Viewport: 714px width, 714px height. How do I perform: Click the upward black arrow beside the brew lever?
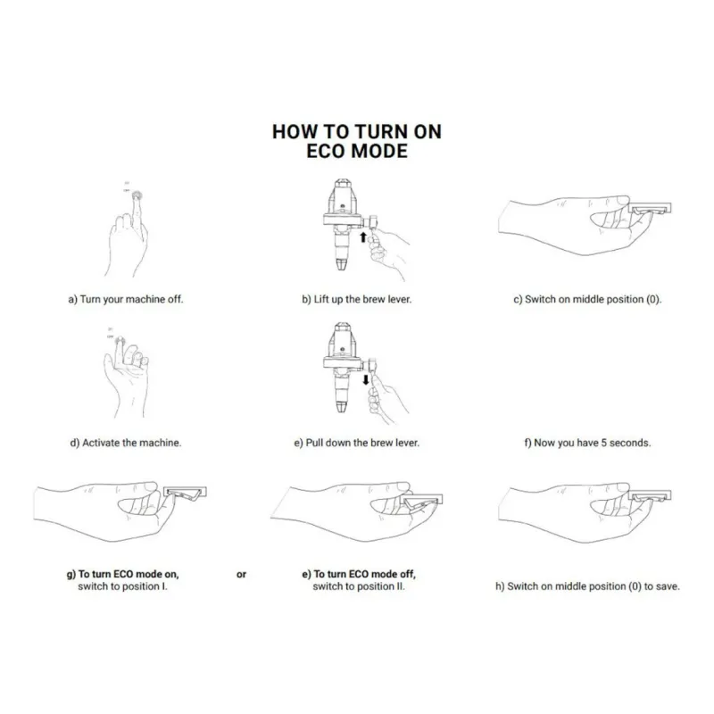click(x=363, y=237)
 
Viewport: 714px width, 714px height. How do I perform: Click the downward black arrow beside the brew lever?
click(x=366, y=380)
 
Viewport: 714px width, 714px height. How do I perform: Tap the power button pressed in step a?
click(x=137, y=195)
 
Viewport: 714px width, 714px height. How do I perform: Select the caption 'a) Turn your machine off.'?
click(x=126, y=299)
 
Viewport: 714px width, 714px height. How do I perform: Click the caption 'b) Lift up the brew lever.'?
click(x=356, y=299)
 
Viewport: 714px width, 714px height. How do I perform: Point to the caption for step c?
click(x=587, y=299)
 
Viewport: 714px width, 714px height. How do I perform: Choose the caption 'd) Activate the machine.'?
click(x=126, y=443)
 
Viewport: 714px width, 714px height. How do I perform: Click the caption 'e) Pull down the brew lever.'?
click(x=356, y=443)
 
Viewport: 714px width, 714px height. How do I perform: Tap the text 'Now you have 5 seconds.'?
click(x=593, y=443)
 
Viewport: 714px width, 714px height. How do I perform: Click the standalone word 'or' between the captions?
click(x=241, y=574)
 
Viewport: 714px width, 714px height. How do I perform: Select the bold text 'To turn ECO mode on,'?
click(x=129, y=574)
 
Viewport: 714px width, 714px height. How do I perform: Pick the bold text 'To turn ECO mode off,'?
click(x=364, y=574)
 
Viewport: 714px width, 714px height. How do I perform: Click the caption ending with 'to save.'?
click(x=587, y=586)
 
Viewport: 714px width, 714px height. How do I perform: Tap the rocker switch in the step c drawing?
click(x=651, y=209)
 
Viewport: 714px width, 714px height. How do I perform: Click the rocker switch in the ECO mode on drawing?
click(x=185, y=493)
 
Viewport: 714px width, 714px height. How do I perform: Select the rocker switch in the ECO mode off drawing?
click(x=421, y=500)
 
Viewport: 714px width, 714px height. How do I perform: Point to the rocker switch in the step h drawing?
click(x=651, y=496)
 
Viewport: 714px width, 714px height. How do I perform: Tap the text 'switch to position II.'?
click(x=359, y=586)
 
